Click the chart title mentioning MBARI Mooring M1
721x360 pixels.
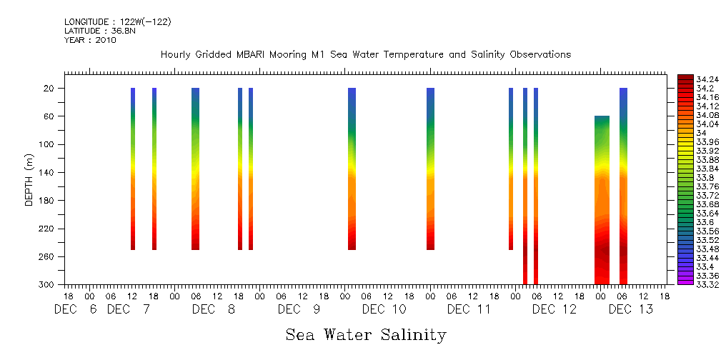point(366,55)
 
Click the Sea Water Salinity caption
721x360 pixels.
point(366,334)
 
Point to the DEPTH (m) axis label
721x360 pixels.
point(29,179)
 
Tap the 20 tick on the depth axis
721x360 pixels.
point(50,89)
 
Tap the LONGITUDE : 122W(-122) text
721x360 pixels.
point(117,22)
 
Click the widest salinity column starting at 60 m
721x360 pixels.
point(602,200)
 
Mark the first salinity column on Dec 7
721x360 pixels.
point(133,169)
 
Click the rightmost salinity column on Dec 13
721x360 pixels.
point(623,186)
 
